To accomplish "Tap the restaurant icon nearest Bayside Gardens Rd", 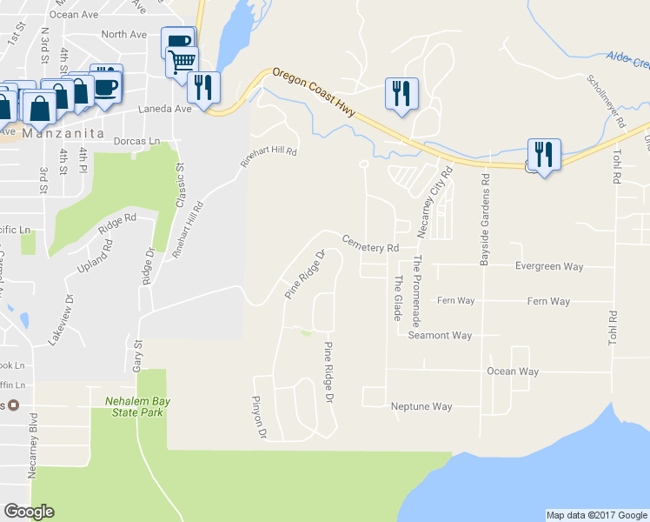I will (543, 155).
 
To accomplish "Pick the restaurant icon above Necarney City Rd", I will (401, 93).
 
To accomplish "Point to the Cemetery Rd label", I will (369, 243).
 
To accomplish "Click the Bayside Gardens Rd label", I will (486, 217).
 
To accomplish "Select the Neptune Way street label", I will (421, 406).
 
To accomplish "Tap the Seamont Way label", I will (440, 335).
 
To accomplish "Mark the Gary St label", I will (137, 357).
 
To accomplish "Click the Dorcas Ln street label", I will (143, 141).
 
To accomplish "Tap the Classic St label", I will (181, 184).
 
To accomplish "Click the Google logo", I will (29, 512).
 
